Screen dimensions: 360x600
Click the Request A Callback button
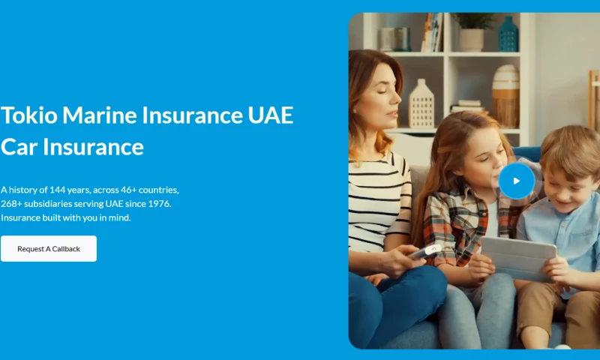pos(49,248)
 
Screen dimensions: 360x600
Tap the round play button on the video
pos(516,181)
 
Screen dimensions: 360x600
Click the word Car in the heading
pos(19,146)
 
